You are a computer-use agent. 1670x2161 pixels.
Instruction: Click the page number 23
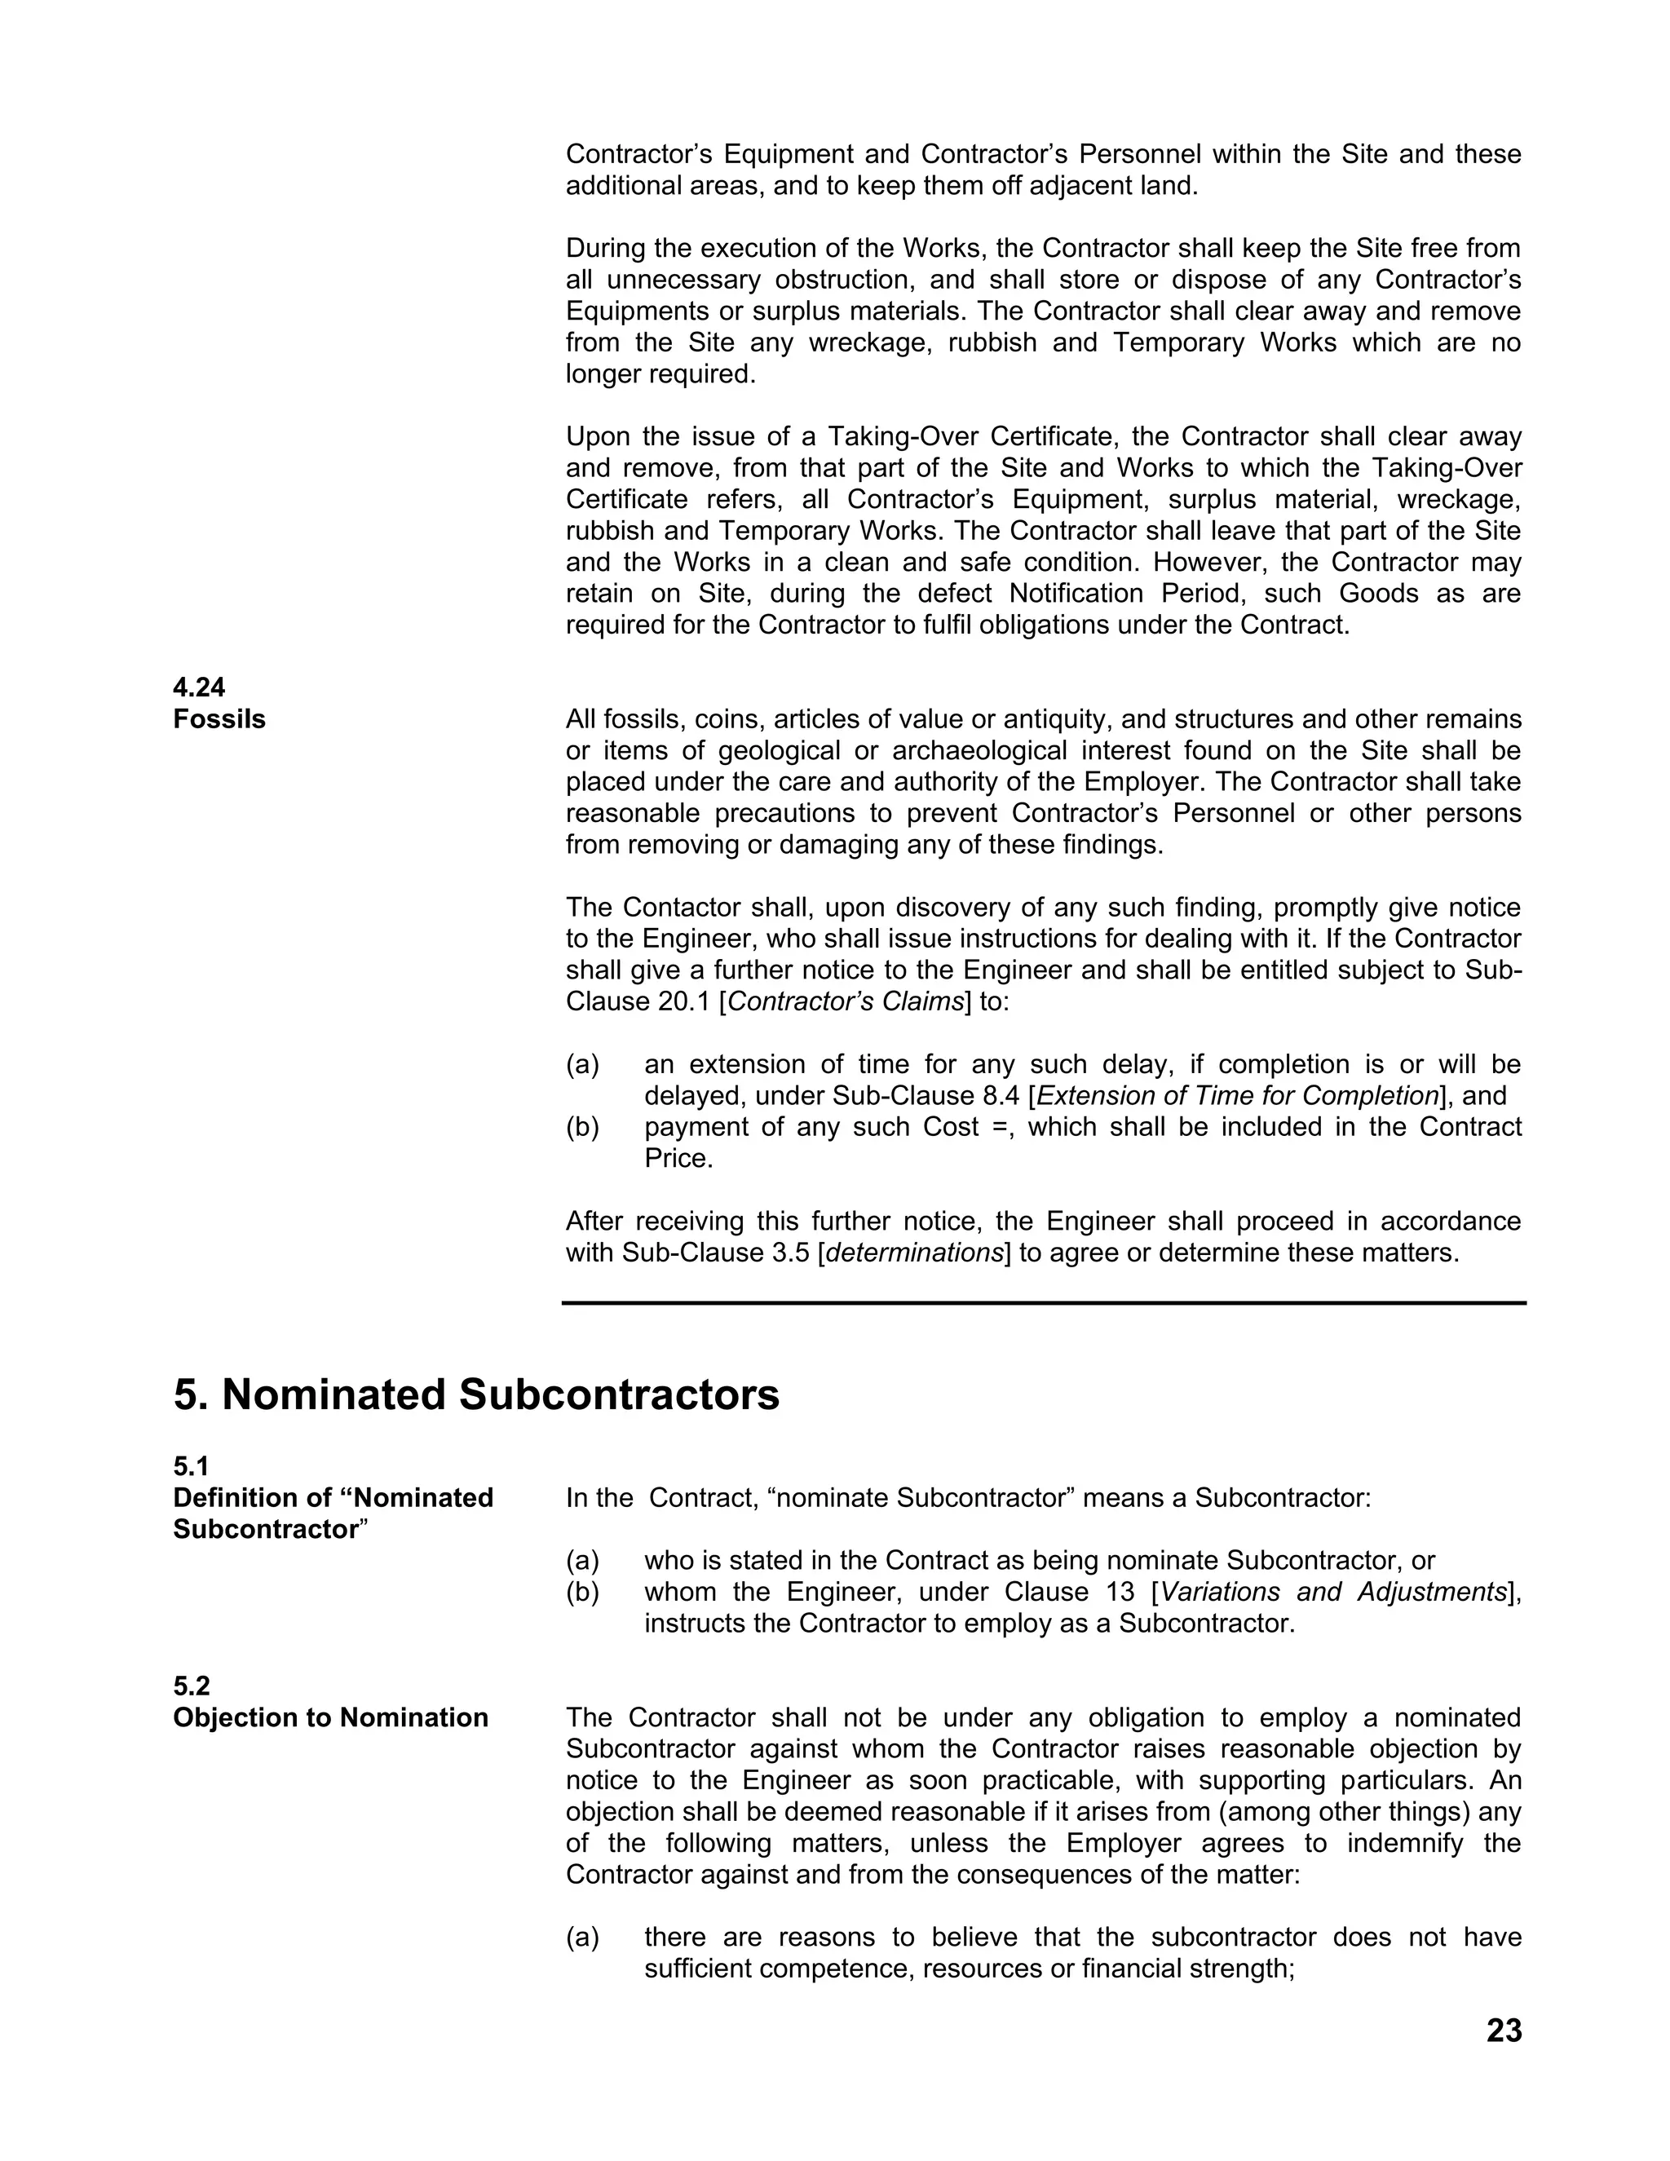click(x=1503, y=2031)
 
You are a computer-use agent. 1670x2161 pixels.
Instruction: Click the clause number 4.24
click(x=199, y=687)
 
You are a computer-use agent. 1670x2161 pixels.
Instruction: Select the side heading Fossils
click(x=219, y=719)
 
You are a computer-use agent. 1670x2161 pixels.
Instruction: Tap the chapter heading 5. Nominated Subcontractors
click(x=476, y=1395)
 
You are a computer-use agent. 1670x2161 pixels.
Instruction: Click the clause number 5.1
click(x=191, y=1465)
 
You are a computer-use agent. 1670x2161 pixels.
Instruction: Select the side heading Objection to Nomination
click(x=330, y=1717)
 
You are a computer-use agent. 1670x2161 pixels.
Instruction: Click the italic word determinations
click(x=915, y=1253)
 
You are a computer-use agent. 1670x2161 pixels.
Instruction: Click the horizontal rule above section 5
click(x=1044, y=1303)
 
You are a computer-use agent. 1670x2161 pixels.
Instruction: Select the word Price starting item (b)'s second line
click(x=678, y=1159)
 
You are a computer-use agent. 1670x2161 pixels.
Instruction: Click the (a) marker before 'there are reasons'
click(x=583, y=1937)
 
